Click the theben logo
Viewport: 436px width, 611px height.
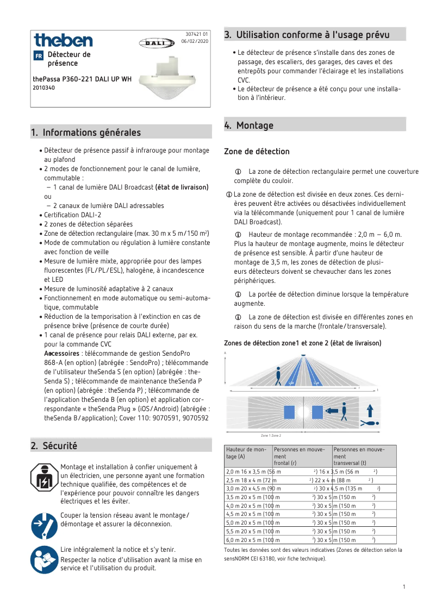pos(63,40)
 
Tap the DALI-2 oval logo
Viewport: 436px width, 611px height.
pos(156,42)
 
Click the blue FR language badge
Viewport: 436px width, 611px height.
pos(38,56)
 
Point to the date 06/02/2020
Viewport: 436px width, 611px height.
pos(195,41)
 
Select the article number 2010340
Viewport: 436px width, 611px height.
pos(44,87)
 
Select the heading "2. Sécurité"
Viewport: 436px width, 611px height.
pos(54,446)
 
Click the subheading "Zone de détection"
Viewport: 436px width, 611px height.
pos(257,152)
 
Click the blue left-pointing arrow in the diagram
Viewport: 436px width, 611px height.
pos(331,412)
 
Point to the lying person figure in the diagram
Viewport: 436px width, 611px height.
pos(371,422)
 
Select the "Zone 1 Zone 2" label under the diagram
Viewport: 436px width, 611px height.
pos(271,436)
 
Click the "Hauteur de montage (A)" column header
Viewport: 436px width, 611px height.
pos(248,453)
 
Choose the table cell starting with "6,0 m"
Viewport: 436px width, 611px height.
pos(248,540)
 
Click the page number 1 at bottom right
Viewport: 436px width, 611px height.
pos(404,587)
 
